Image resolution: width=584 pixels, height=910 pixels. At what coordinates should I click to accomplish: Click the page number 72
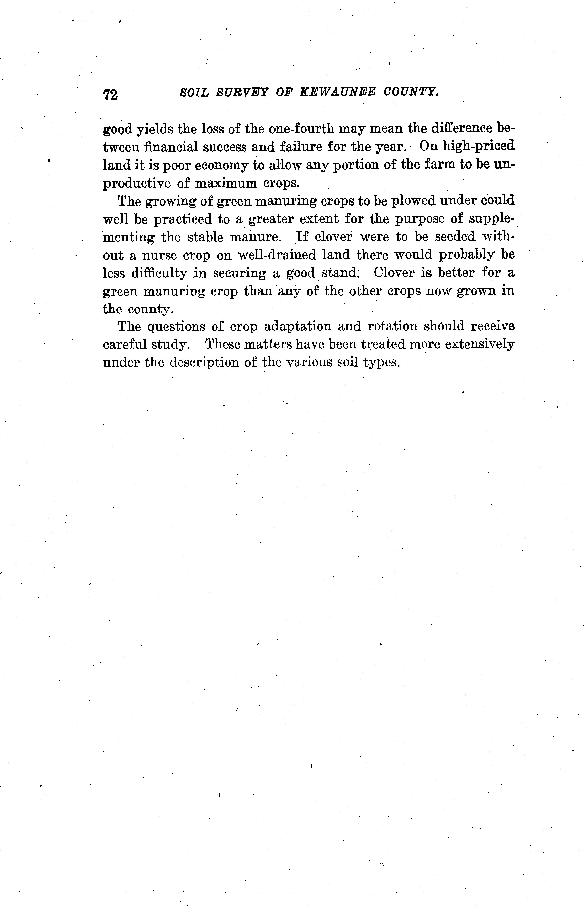110,94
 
